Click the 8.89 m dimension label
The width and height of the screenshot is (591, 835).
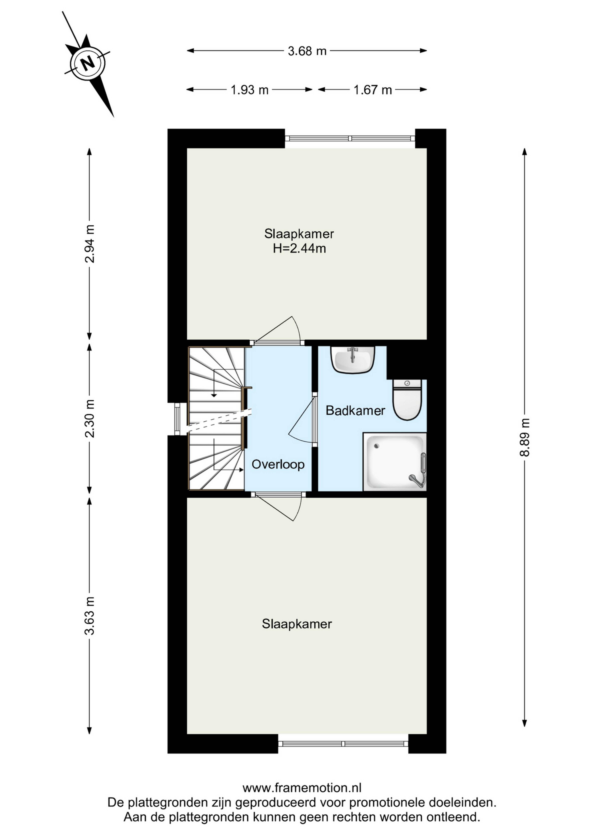click(x=525, y=438)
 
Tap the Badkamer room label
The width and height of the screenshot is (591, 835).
click(x=355, y=411)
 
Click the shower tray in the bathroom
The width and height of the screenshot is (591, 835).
click(x=395, y=462)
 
